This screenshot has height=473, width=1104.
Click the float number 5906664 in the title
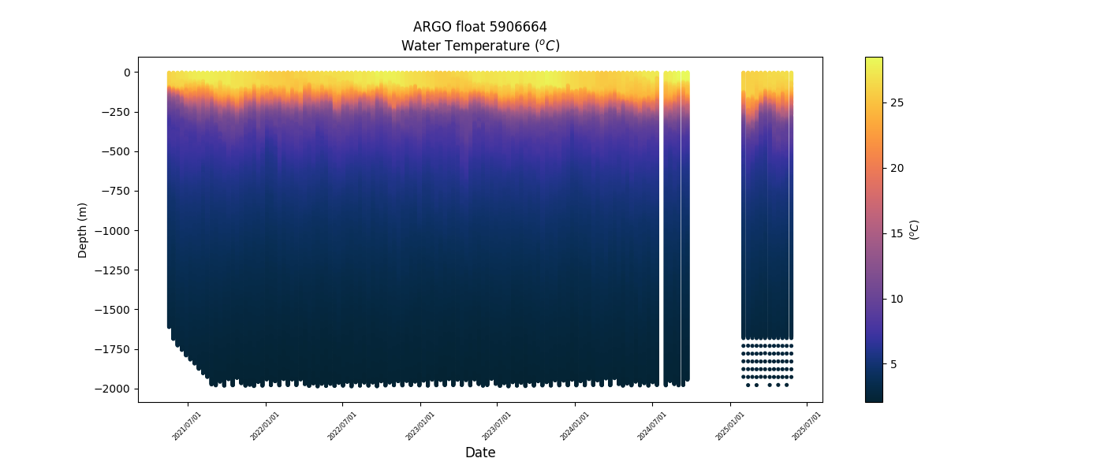pos(518,27)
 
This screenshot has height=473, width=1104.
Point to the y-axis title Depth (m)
pos(83,229)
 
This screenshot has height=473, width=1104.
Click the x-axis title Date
pos(480,453)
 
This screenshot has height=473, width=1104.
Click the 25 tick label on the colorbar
pos(897,103)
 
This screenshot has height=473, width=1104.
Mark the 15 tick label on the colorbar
pos(897,233)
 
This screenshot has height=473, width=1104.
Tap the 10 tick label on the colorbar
pos(897,299)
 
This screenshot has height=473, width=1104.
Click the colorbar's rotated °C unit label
pos(914,229)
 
